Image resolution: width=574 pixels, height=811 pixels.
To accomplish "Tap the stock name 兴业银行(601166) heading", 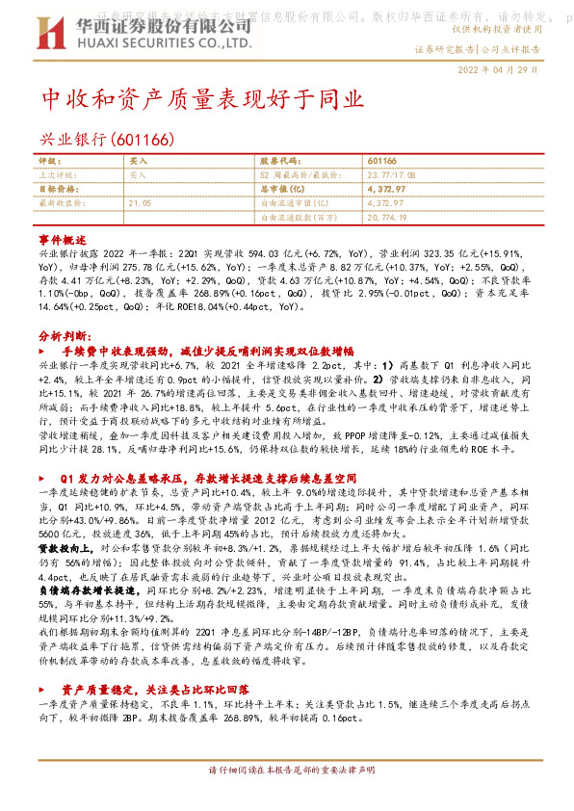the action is coord(106,139).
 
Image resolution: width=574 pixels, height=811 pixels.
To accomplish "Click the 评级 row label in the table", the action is coord(48,161).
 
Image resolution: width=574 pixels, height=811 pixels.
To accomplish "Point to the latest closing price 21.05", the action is coord(140,203).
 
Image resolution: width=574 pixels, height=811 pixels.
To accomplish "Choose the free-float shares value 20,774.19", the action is coord(387,219).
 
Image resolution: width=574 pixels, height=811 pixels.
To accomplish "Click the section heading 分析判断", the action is coord(66,336).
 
